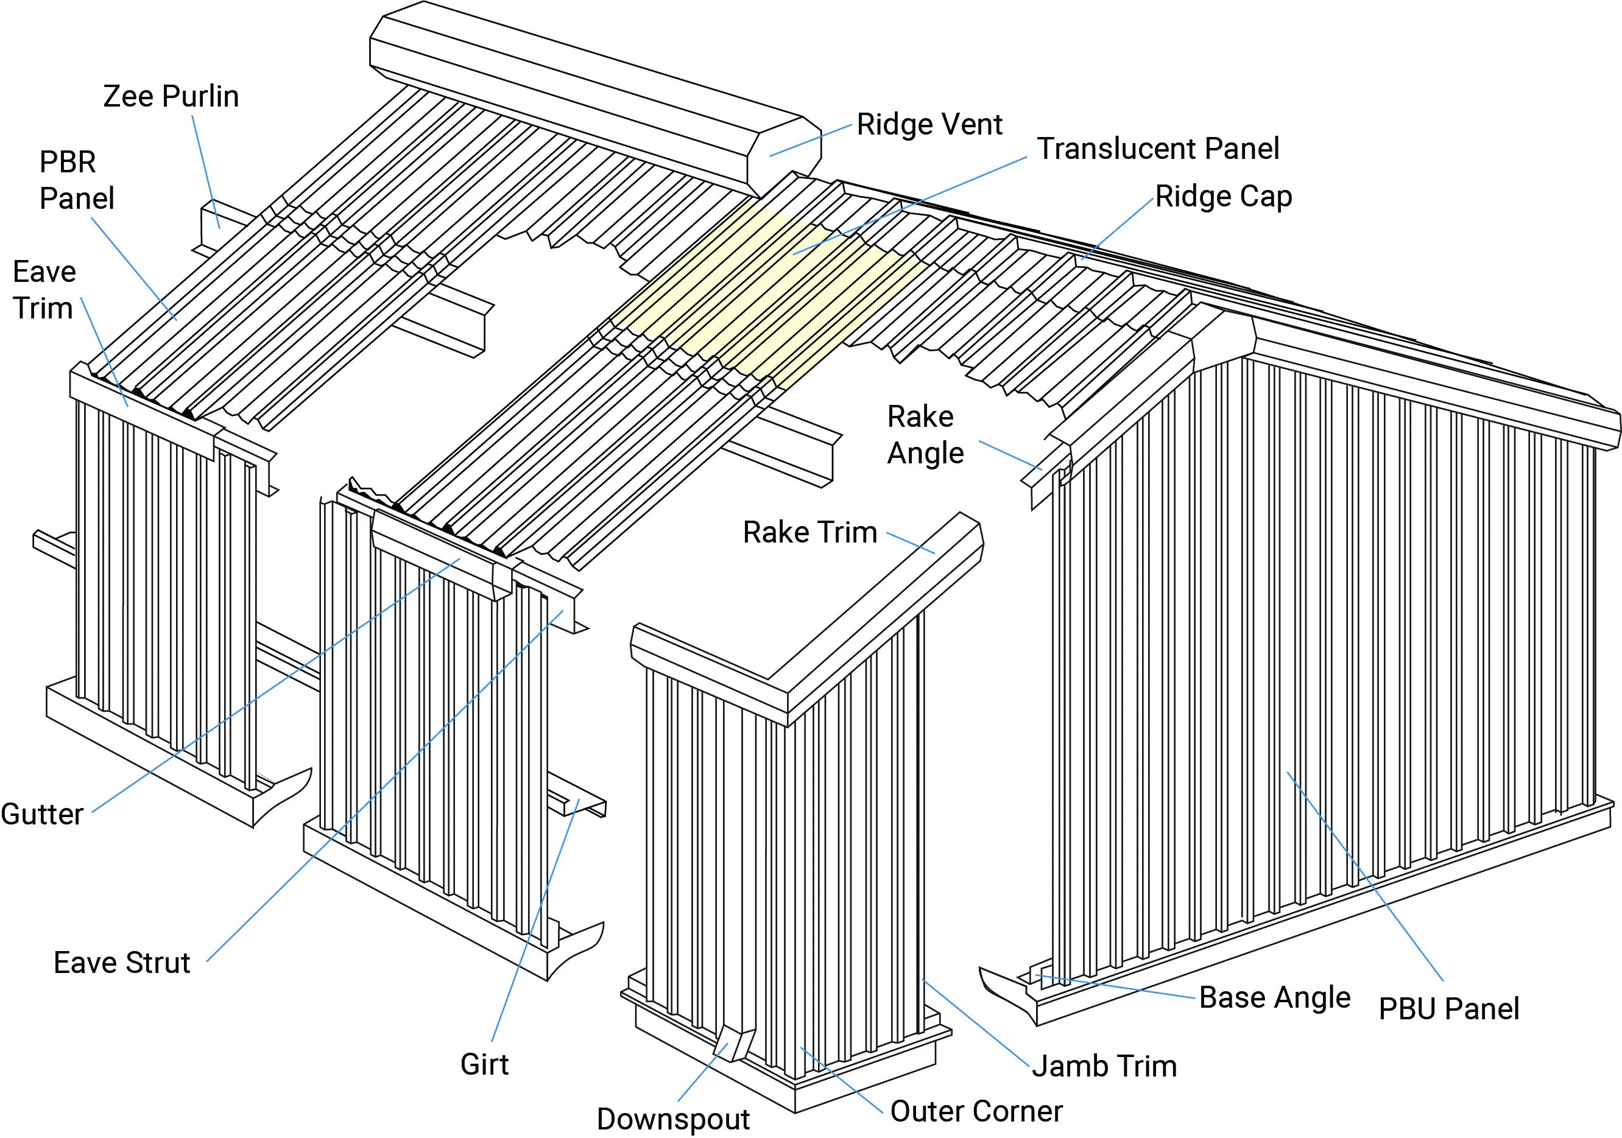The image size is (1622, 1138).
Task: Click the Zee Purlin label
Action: click(x=171, y=97)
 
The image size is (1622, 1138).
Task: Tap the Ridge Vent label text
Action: click(x=929, y=125)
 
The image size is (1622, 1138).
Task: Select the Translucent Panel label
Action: click(x=1157, y=149)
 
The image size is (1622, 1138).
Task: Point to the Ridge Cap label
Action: click(x=1224, y=197)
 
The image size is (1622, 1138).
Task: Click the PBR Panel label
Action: click(x=76, y=180)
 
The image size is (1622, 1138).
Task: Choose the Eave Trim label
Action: click(x=44, y=290)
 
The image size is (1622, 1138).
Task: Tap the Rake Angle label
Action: click(x=925, y=434)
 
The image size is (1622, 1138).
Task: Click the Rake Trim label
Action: click(x=809, y=533)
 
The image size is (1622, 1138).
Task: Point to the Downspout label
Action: click(x=672, y=1119)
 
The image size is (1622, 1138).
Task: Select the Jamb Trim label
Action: click(x=1104, y=1066)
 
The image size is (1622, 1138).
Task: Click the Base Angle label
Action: click(x=1274, y=997)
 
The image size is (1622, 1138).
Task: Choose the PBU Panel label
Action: click(x=1448, y=1009)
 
